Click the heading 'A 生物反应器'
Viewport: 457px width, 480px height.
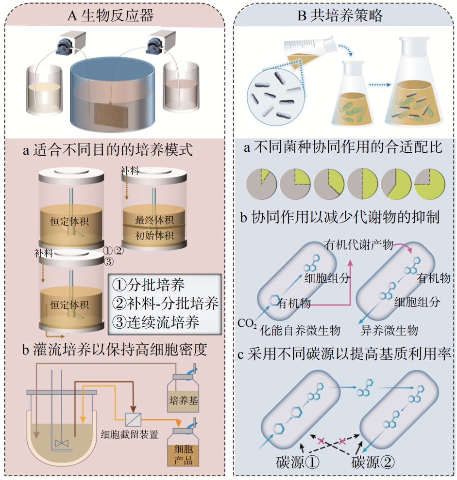(x=110, y=16)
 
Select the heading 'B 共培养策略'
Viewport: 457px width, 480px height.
(x=340, y=16)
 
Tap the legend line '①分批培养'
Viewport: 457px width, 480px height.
(x=149, y=285)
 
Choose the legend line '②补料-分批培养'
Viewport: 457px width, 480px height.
(x=165, y=303)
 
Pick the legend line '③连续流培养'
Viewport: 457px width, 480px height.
(x=156, y=322)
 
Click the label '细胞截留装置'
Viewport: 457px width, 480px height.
(x=130, y=434)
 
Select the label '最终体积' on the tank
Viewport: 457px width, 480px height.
(x=154, y=220)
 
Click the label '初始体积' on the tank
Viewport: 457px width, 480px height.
(x=154, y=236)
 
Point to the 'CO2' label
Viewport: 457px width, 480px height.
(x=247, y=323)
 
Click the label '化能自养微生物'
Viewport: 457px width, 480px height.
(x=300, y=331)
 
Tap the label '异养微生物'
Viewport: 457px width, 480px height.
(x=389, y=331)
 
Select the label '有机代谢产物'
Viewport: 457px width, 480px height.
(x=358, y=244)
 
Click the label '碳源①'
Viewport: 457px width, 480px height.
(x=298, y=462)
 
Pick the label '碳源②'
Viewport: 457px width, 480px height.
(x=372, y=462)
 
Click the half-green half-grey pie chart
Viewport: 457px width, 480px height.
(x=362, y=184)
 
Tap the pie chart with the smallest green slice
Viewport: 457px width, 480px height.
(x=261, y=184)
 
